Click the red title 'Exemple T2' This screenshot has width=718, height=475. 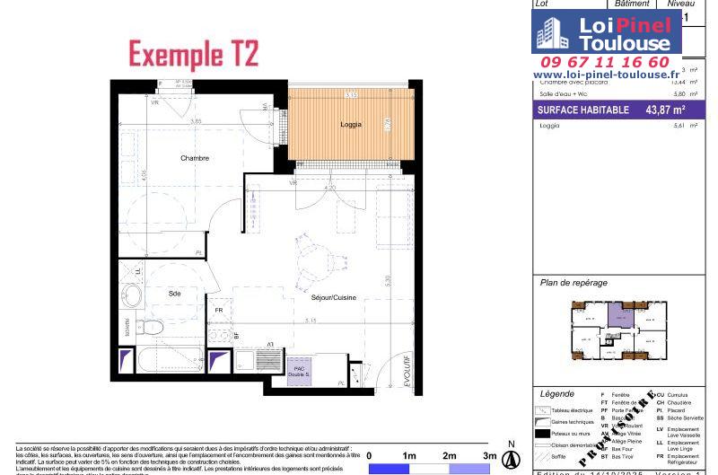[x=194, y=54]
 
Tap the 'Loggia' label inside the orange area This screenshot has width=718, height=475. [x=351, y=125]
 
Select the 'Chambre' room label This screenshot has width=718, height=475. [x=195, y=158]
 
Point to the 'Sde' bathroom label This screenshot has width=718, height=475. [x=174, y=294]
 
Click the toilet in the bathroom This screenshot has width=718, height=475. [x=152, y=326]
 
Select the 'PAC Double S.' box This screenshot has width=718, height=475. [x=299, y=372]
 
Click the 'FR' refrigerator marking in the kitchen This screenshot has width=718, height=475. [x=218, y=311]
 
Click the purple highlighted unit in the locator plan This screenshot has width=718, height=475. [x=618, y=314]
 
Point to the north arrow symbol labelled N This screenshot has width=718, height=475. [x=511, y=455]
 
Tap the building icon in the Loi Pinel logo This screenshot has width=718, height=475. [x=550, y=34]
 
